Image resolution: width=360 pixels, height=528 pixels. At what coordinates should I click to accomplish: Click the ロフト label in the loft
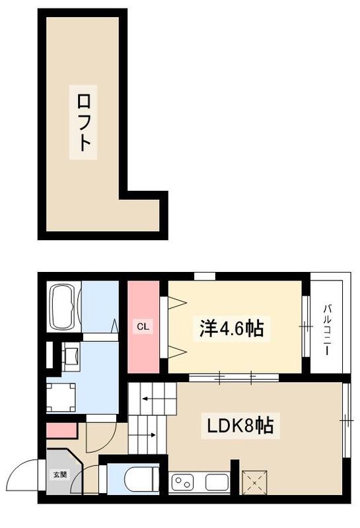point(83,124)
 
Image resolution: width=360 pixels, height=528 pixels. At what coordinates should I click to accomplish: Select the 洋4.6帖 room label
point(232,328)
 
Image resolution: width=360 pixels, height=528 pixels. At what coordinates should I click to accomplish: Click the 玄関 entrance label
point(59,474)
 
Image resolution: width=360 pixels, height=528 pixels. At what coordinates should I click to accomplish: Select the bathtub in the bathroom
point(64,307)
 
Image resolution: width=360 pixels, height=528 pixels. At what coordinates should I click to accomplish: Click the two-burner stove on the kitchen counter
point(183,483)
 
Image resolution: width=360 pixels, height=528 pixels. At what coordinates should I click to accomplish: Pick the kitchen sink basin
point(216,482)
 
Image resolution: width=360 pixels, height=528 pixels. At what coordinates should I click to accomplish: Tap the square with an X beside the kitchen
point(253,482)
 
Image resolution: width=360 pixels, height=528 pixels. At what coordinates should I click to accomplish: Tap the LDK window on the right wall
point(346,420)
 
